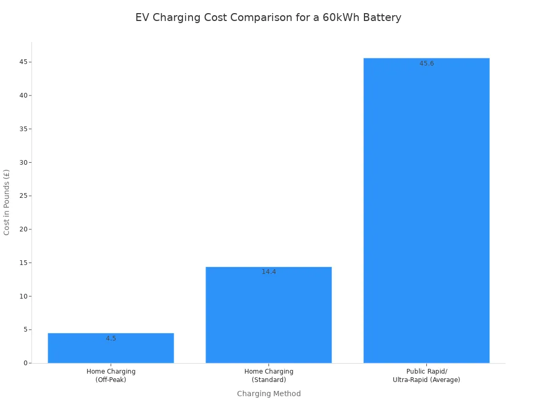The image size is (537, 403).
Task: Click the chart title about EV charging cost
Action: pos(268,17)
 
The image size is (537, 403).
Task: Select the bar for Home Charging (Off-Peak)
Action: pos(111,348)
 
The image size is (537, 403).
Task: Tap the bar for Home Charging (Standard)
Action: pos(268,315)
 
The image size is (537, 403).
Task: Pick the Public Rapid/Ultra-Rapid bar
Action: pos(426,210)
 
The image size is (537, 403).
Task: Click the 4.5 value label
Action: pos(111,338)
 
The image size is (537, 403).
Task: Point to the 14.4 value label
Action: pos(269,272)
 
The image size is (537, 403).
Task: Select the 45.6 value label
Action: pos(426,63)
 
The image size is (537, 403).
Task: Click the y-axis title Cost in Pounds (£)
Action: pos(7,202)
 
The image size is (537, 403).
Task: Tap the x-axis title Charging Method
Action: pos(268,394)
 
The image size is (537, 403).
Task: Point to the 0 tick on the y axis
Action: pos(25,363)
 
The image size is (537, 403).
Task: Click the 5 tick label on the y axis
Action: pos(25,330)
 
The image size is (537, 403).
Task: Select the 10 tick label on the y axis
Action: pos(23,296)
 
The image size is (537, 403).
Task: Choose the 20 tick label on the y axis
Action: pos(23,229)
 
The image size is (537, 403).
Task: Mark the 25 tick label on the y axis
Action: pos(23,196)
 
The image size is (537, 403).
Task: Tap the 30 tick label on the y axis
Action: pos(23,162)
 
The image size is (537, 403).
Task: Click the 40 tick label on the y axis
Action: pos(23,96)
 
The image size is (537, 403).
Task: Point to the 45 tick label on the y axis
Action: pos(23,62)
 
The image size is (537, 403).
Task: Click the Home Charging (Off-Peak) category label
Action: pos(111,376)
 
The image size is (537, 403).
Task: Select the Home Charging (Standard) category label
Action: pos(268,376)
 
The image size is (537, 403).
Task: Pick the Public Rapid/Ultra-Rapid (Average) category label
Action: pos(426,376)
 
